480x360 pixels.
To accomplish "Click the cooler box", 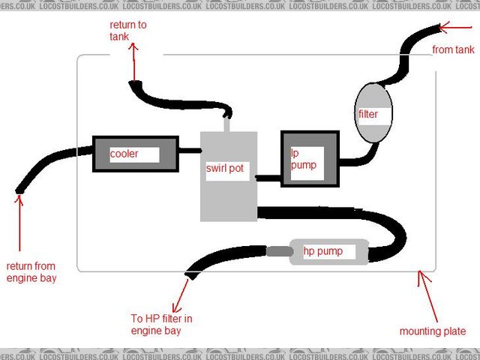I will click(135, 154).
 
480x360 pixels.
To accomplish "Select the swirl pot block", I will click(228, 195).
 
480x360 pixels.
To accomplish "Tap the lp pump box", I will click(309, 159).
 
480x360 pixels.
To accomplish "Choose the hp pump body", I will click(330, 251).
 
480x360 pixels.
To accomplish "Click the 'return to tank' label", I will click(127, 30).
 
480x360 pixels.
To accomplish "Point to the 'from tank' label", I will click(454, 50).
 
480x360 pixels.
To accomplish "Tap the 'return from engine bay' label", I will click(31, 271).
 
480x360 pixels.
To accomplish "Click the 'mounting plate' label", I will click(432, 331).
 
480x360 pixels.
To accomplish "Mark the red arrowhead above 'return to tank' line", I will click(134, 47).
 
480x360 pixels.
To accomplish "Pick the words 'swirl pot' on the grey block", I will click(225, 169).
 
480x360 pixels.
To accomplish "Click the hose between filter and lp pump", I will click(356, 156).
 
